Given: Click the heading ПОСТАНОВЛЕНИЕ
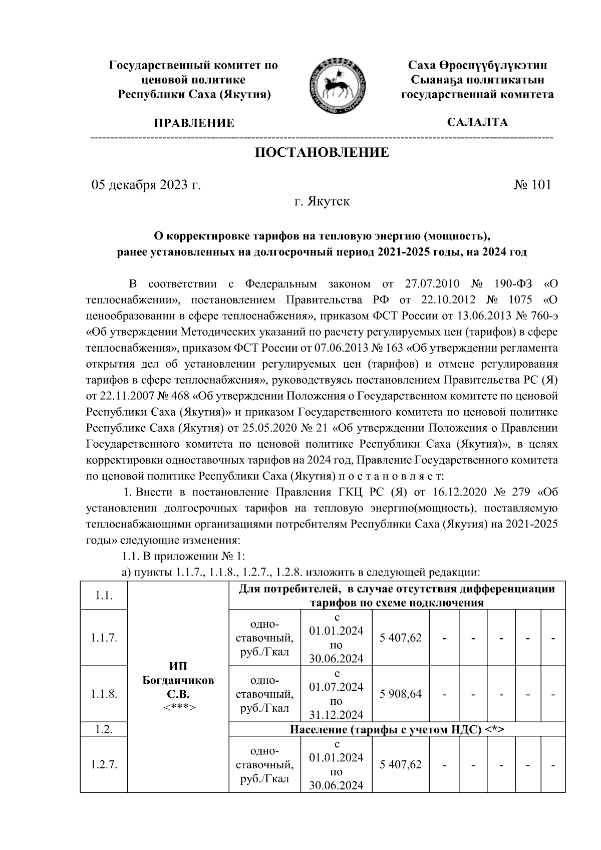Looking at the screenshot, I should tap(322, 152).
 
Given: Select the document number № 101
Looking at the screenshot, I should tap(532, 185).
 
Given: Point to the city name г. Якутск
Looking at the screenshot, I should tap(322, 202).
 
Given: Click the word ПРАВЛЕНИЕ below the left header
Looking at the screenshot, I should tap(194, 123).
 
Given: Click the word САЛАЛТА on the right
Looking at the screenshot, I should tap(477, 122).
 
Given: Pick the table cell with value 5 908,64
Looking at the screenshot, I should tap(401, 694).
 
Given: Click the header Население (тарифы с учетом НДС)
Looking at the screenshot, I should tap(397, 729).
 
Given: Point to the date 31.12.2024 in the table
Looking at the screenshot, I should tap(337, 715).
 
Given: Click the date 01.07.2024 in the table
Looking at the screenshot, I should tap(337, 687).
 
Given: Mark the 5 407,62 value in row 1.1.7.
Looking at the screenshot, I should tap(401, 638).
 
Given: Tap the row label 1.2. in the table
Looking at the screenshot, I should tap(104, 729).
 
